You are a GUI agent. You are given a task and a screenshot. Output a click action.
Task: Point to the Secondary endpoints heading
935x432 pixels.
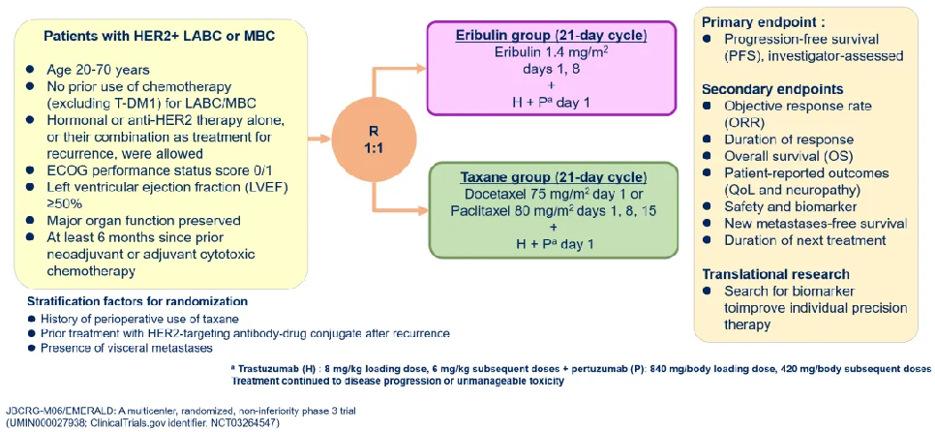tap(771, 88)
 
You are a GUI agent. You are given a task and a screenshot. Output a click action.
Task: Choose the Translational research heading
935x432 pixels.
tap(774, 274)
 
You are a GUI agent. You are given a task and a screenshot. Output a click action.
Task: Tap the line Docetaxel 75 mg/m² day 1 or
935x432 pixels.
tap(552, 196)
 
